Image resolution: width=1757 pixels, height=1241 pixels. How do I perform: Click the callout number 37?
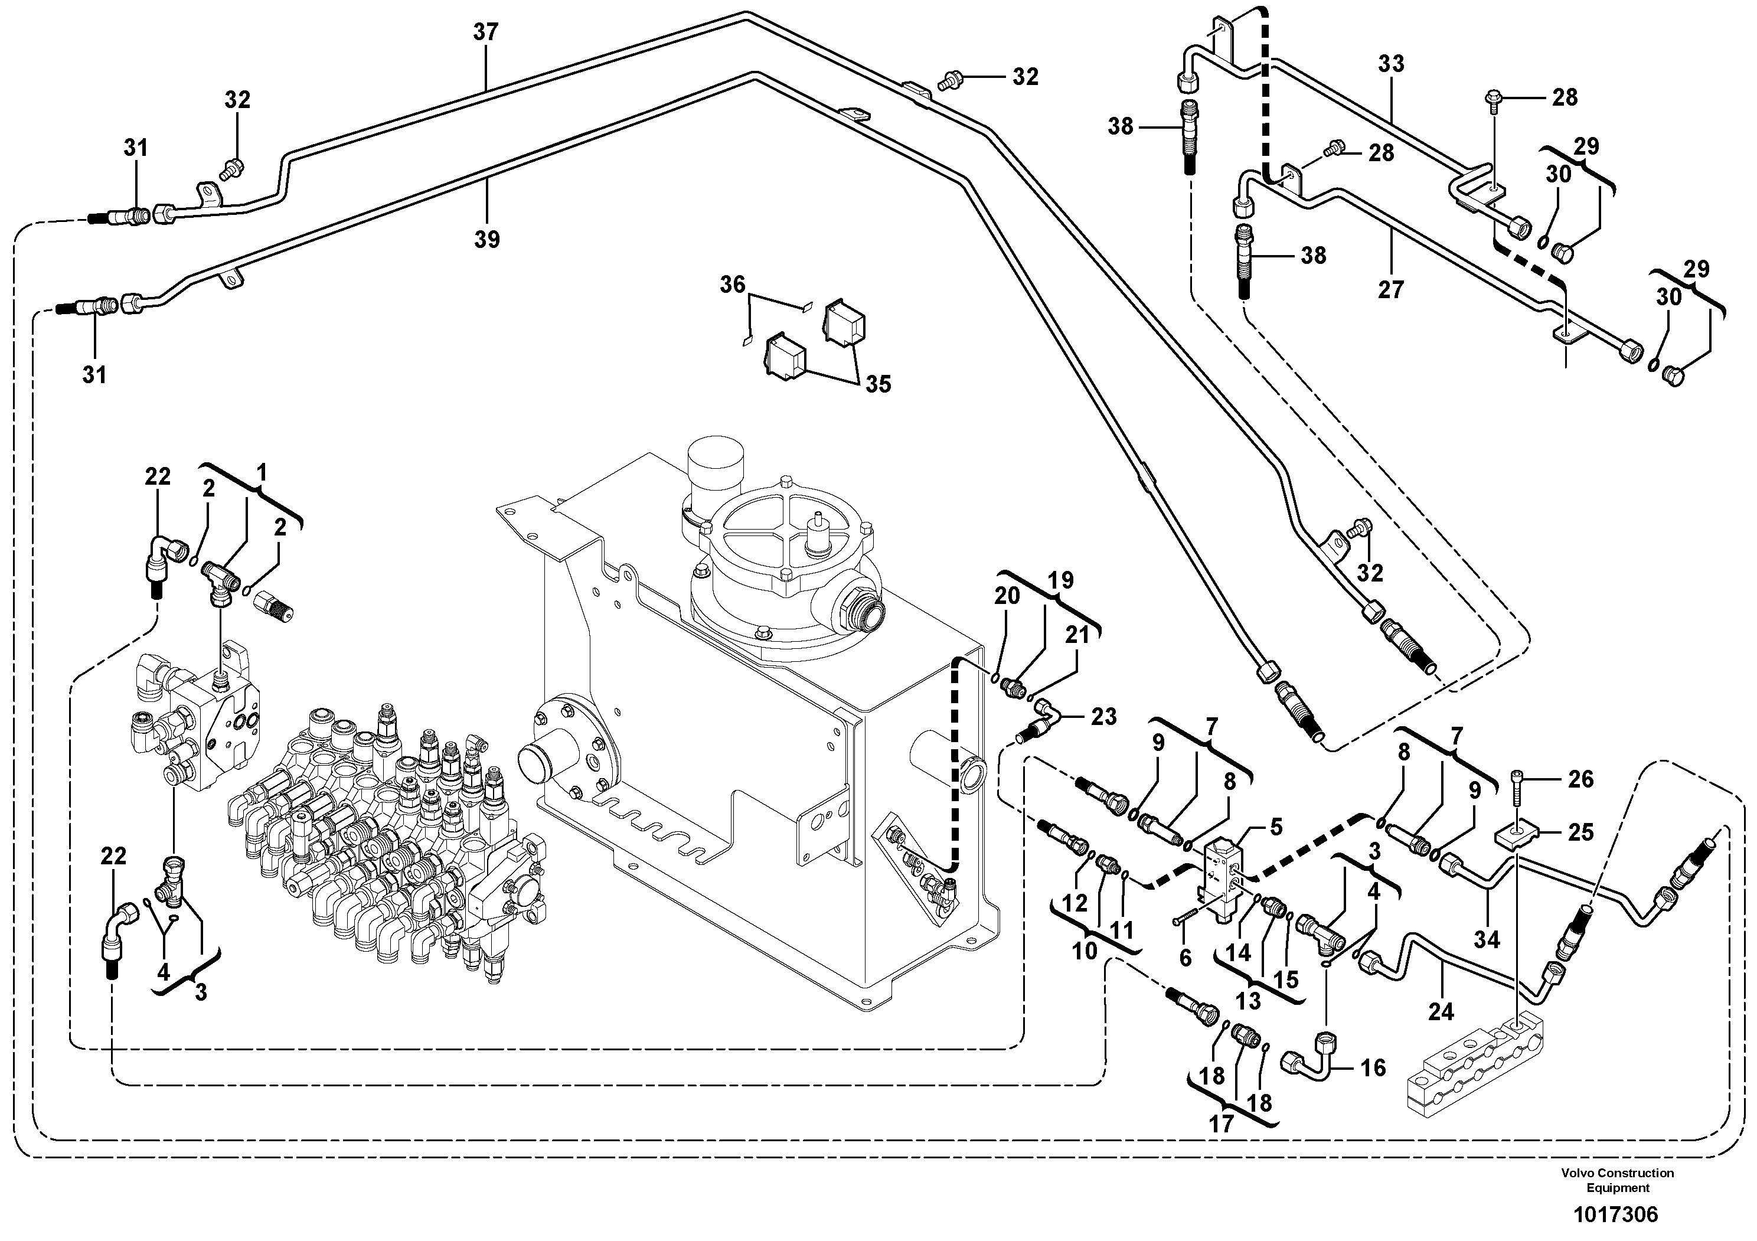(x=485, y=32)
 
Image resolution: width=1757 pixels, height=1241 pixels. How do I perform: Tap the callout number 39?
(x=486, y=240)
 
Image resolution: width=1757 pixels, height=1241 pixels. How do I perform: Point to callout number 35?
(x=878, y=384)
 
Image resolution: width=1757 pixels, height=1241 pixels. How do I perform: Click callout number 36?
(x=732, y=285)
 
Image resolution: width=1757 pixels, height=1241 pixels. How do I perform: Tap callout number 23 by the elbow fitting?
(x=1103, y=717)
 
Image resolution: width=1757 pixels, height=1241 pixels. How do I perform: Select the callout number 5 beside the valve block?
(x=1276, y=827)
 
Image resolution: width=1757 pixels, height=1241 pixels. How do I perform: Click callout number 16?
(x=1373, y=1068)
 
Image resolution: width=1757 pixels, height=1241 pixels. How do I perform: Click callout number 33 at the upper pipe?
(x=1391, y=64)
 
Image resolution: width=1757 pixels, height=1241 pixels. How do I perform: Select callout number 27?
(x=1391, y=289)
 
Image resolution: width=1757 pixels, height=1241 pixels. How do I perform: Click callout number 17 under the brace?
(x=1222, y=1124)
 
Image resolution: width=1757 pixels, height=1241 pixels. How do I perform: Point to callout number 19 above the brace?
(x=1060, y=581)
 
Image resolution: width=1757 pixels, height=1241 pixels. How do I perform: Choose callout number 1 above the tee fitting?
(x=262, y=473)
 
